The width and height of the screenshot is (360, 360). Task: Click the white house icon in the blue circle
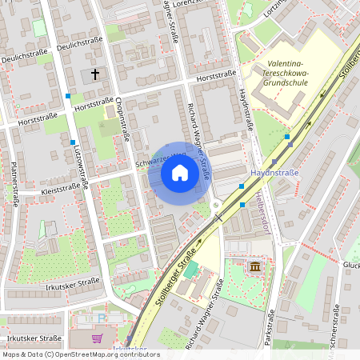pos(179,173)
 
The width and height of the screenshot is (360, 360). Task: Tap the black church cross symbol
pos(95,74)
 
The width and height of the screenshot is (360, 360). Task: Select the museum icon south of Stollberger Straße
pos(254,266)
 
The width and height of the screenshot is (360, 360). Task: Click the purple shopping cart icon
pos(98,338)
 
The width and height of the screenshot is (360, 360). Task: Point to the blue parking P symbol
pos(102,318)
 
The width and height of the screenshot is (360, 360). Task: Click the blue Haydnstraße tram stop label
pos(274,172)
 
